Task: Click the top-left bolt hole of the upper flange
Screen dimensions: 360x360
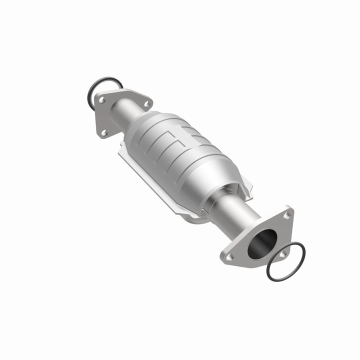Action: tap(102, 100)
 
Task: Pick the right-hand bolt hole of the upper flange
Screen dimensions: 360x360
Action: tap(147, 104)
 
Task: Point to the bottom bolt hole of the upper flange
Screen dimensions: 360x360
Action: tap(104, 132)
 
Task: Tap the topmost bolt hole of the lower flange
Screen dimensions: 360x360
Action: tap(287, 215)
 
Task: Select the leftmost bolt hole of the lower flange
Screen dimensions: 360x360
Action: tap(229, 257)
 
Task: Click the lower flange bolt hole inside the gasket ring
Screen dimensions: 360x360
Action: tap(282, 253)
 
